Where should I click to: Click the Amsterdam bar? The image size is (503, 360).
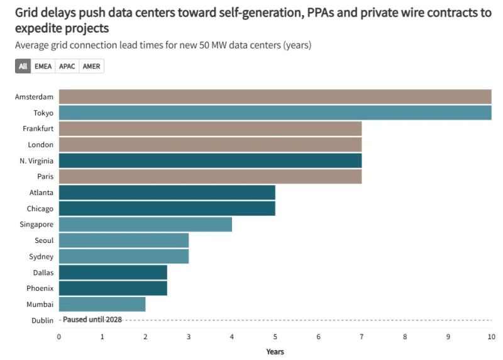pyautogui.click(x=275, y=96)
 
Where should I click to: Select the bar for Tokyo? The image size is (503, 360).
pyautogui.click(x=275, y=112)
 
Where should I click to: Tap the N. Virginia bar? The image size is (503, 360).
pyautogui.click(x=210, y=160)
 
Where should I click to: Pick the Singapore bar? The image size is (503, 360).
pyautogui.click(x=145, y=224)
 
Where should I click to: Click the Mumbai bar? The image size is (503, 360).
pyautogui.click(x=102, y=304)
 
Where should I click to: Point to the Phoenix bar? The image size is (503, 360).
pyautogui.click(x=113, y=288)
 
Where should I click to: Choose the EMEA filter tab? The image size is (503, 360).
pyautogui.click(x=43, y=66)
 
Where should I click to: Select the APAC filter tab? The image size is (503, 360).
pyautogui.click(x=67, y=66)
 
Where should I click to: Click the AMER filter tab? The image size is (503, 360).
pyautogui.click(x=91, y=66)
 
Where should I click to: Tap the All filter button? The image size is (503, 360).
pyautogui.click(x=23, y=66)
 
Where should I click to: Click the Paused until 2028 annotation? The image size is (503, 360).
pyautogui.click(x=92, y=320)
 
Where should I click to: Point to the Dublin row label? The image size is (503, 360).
pyautogui.click(x=42, y=320)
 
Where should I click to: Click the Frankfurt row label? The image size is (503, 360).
pyautogui.click(x=38, y=128)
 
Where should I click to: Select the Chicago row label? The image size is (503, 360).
pyautogui.click(x=40, y=208)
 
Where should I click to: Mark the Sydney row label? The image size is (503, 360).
pyautogui.click(x=41, y=256)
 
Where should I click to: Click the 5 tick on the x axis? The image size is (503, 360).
pyautogui.click(x=275, y=337)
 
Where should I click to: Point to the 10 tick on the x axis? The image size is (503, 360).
pyautogui.click(x=490, y=337)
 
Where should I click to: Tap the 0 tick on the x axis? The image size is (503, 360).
pyautogui.click(x=59, y=337)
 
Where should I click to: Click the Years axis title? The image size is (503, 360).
pyautogui.click(x=275, y=351)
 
